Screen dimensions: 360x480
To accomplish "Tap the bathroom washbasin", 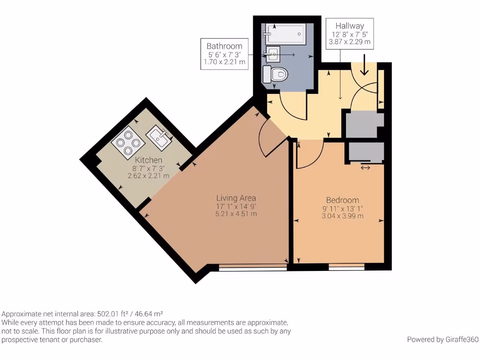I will tap(272, 54).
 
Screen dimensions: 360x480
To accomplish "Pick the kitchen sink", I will tap(160, 137).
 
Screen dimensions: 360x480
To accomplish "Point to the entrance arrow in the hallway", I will tap(364, 69).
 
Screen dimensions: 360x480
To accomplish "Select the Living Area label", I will tap(236, 198).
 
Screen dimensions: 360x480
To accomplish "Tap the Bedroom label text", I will tap(342, 200).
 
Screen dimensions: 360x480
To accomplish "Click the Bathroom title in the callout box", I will tap(224, 46).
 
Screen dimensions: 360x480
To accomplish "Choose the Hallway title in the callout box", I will tap(350, 26).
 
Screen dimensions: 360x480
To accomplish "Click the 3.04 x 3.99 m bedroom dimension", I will tap(342, 216).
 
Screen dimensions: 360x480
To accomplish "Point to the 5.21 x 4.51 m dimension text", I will tap(236, 214).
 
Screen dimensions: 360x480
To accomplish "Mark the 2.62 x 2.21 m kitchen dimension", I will tap(148, 176).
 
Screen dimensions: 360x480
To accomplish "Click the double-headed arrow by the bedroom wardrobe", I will tap(365, 167).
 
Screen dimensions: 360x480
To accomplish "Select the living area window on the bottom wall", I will tap(253, 269).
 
